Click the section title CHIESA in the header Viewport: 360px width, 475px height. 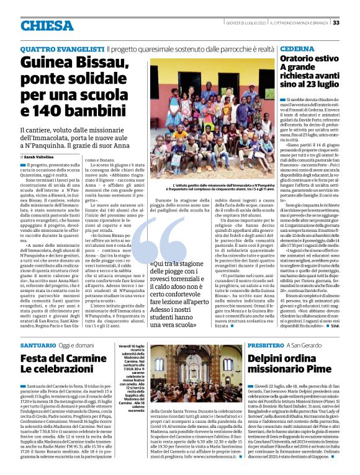coord(46,25)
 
